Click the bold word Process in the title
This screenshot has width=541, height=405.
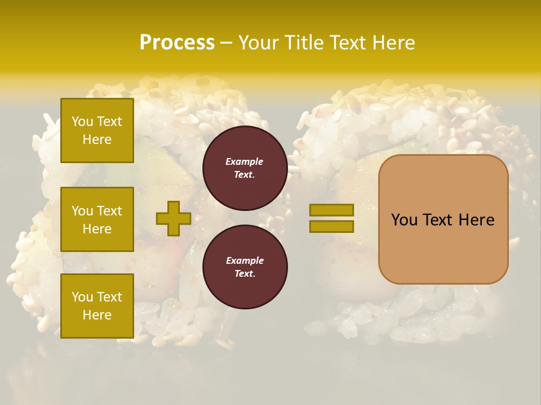[177, 43]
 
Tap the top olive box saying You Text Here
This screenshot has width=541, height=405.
[97, 130]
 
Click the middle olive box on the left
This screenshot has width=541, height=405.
[97, 219]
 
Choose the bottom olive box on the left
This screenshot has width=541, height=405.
[97, 305]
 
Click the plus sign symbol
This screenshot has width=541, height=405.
[174, 218]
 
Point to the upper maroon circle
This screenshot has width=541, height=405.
[245, 168]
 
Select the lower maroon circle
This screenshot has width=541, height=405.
[245, 267]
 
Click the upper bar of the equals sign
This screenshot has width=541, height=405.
[332, 210]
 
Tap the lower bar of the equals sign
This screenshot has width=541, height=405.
[332, 226]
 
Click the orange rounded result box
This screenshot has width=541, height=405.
[443, 219]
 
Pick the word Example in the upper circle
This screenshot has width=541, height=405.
[245, 161]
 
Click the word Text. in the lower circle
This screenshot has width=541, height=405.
[245, 273]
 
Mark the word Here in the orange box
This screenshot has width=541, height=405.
[476, 220]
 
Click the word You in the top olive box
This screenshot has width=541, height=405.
[82, 121]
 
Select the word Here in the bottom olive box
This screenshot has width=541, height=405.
[97, 315]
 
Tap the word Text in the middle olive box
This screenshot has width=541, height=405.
[110, 211]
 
